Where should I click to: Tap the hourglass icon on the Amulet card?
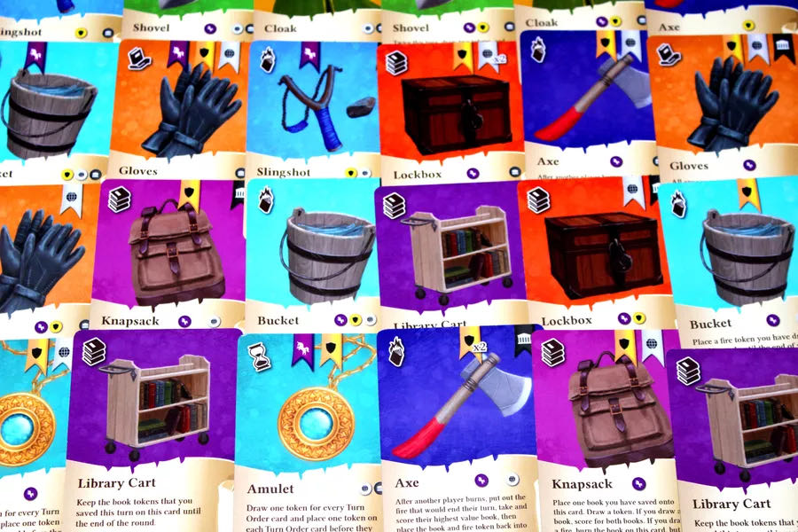259,355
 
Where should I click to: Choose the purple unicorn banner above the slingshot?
309,55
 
